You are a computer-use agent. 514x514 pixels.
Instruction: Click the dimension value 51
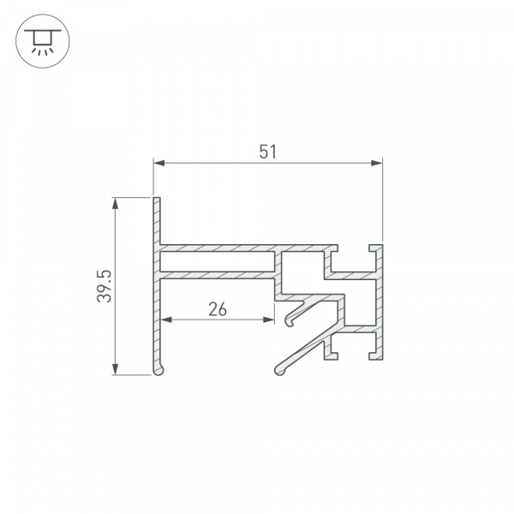point(268,152)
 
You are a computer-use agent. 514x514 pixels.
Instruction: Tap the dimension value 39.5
point(105,286)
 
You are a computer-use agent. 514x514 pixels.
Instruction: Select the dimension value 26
point(218,309)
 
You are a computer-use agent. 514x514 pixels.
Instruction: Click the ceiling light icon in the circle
point(43,41)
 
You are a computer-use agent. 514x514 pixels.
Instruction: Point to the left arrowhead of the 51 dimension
point(159,163)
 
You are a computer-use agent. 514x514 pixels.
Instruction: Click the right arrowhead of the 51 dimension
point(377,163)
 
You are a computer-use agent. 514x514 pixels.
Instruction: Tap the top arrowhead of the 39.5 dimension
point(115,203)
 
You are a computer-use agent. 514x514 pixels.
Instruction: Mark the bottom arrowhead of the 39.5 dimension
point(115,369)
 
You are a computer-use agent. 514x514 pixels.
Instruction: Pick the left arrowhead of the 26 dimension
point(166,320)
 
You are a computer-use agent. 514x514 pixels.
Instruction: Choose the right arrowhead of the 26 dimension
point(269,320)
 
